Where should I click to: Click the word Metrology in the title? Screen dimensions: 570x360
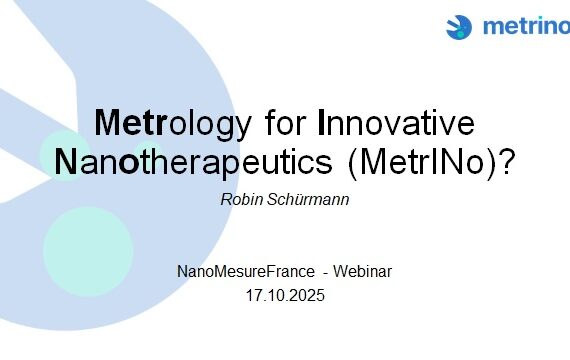(x=173, y=124)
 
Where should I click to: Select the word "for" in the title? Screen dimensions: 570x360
(x=285, y=122)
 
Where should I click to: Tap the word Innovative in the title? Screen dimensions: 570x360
(x=396, y=122)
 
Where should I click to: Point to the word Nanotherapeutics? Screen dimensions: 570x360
(x=193, y=163)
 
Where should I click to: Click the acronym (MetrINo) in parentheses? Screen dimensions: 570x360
(x=422, y=163)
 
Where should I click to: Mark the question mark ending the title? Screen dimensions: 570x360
(x=507, y=161)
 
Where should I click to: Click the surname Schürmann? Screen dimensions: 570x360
(x=308, y=199)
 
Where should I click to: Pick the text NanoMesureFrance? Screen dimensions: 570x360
(x=246, y=271)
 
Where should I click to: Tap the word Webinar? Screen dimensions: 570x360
(x=362, y=271)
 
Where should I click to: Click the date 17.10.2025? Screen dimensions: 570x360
(x=285, y=295)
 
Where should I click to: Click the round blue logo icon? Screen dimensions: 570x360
(x=459, y=27)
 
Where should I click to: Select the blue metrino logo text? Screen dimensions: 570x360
(x=526, y=26)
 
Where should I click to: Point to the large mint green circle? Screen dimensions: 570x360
(x=88, y=252)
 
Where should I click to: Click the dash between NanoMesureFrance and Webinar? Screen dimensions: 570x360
(x=326, y=273)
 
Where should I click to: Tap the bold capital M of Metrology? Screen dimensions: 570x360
(x=108, y=122)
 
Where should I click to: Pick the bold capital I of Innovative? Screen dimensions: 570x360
(x=321, y=122)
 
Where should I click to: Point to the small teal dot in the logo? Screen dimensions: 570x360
(x=461, y=34)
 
